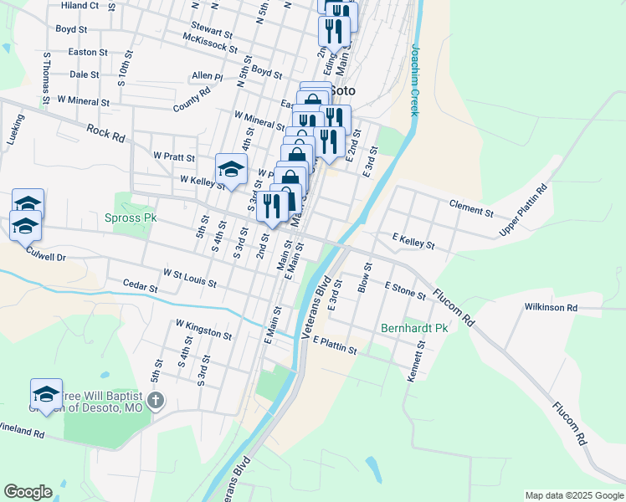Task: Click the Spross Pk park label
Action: pos(131,218)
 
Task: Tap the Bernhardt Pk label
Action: pos(415,328)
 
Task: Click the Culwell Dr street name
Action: pos(45,254)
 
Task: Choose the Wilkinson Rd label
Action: pos(551,308)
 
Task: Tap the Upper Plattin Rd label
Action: pos(523,209)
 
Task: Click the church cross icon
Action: pos(154,401)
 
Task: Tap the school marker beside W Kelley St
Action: pos(231,169)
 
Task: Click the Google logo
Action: pos(28,492)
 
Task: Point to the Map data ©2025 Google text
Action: pos(574,495)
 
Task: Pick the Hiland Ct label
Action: pos(80,5)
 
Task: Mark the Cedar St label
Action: pos(140,287)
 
